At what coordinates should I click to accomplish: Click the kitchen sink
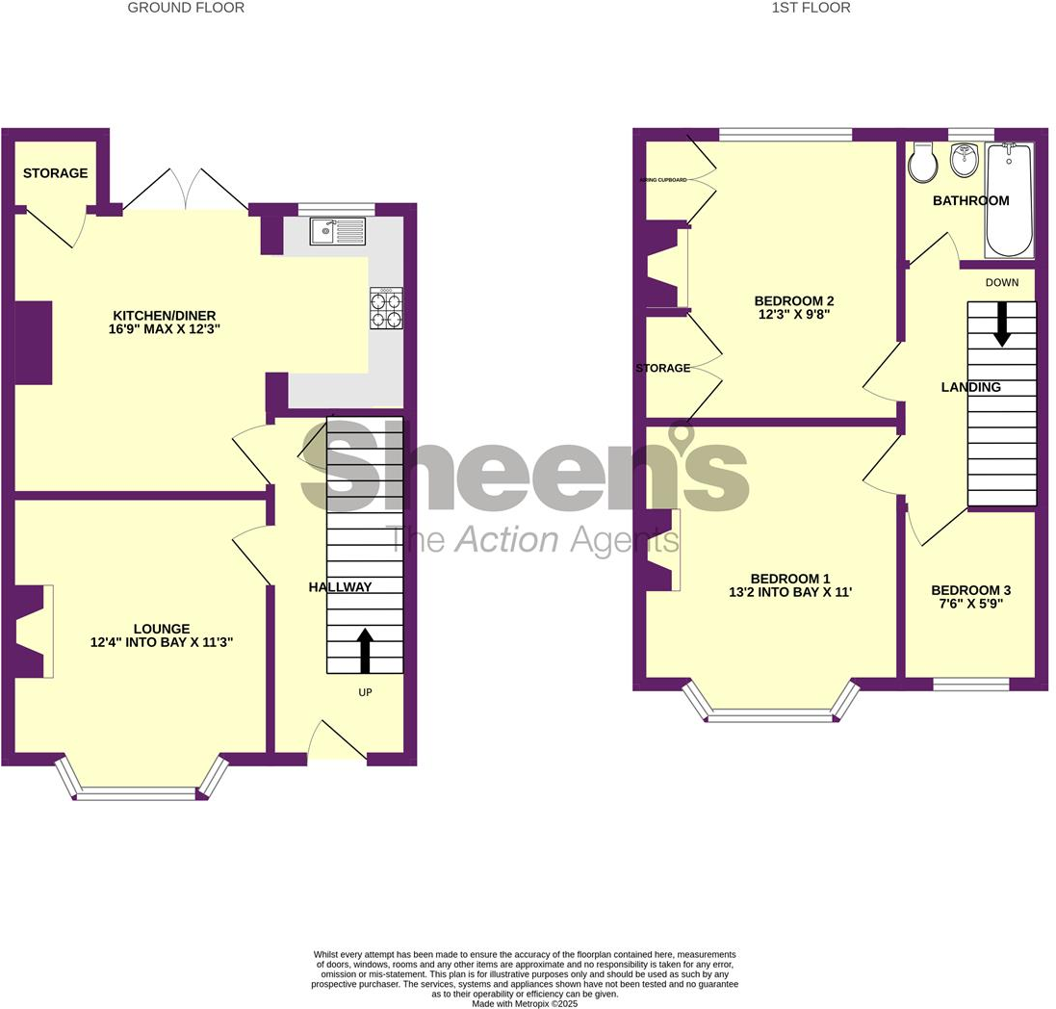(337, 231)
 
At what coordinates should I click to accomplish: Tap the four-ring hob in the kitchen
(386, 309)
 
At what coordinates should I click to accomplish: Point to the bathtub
(1009, 200)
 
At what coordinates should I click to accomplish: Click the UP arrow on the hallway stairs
(365, 651)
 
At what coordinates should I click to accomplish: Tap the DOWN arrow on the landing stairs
(1002, 323)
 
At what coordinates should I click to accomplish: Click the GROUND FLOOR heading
(186, 8)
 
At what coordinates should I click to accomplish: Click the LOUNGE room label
(162, 629)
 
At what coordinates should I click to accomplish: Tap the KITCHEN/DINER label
(165, 315)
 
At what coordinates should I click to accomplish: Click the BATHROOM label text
(970, 201)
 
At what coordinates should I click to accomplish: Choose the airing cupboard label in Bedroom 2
(664, 179)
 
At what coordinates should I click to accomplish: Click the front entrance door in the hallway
(337, 742)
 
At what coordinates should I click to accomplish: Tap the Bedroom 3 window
(970, 684)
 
